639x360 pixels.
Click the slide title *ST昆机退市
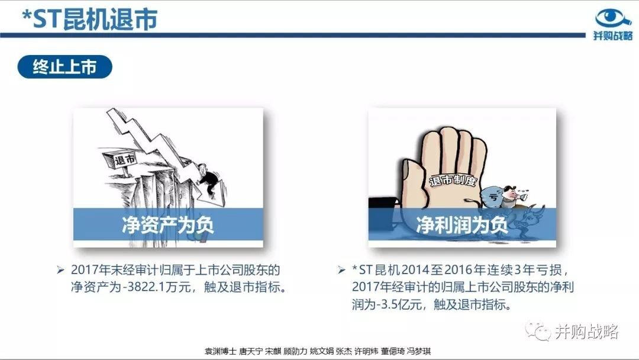coord(90,19)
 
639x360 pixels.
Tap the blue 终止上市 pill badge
coord(65,67)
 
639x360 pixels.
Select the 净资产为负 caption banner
coord(168,224)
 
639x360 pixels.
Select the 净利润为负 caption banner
coord(462,224)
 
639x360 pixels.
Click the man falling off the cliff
coord(208,179)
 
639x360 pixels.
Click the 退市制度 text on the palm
coord(453,180)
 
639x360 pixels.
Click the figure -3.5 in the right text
coord(387,304)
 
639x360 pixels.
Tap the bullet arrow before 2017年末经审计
coord(60,270)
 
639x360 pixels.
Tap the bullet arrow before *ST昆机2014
coord(341,270)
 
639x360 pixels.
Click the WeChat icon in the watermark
coord(538,332)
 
